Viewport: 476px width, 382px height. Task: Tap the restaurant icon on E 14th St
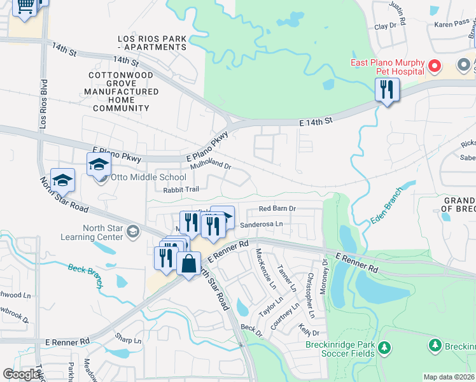(x=387, y=90)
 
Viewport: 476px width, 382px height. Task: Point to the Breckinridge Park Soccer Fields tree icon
(x=384, y=348)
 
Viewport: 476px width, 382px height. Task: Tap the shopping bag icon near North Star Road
(x=189, y=264)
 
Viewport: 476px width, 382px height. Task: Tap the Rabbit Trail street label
(x=181, y=189)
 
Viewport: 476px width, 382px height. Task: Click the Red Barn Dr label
(x=277, y=208)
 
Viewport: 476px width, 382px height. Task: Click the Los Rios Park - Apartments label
(x=153, y=43)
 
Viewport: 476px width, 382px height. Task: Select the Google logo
(x=21, y=374)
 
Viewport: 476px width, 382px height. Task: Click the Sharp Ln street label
(x=128, y=337)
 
